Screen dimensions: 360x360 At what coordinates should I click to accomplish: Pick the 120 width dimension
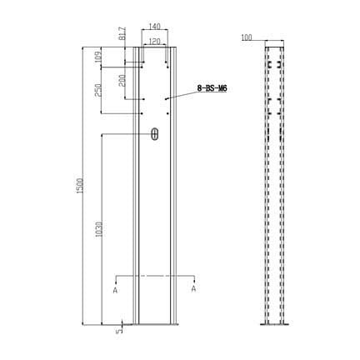tap(153, 40)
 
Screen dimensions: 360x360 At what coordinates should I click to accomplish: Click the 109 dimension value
tap(99, 57)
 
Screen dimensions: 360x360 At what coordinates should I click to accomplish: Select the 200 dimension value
tap(122, 81)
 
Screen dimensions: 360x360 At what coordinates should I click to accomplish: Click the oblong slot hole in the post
tap(154, 134)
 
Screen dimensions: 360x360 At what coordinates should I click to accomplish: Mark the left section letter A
tap(115, 290)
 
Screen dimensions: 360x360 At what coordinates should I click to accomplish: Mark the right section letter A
tap(193, 289)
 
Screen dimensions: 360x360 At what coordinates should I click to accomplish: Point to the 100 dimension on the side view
tap(246, 37)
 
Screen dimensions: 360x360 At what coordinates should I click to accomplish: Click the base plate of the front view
tap(154, 325)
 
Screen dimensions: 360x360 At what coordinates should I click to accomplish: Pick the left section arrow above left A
tap(115, 280)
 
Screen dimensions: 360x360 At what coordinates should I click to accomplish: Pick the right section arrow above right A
tap(193, 280)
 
